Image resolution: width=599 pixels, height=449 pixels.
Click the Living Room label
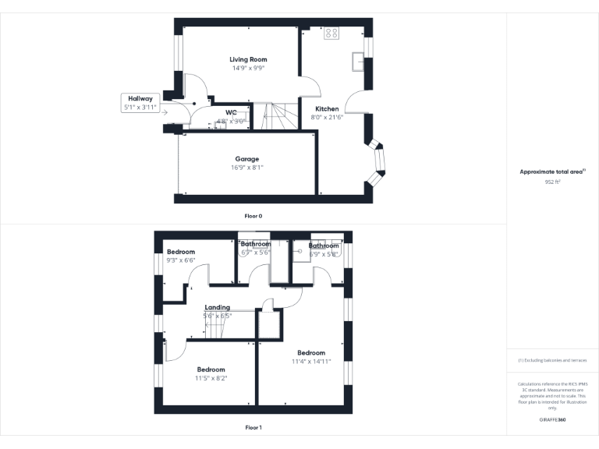click(x=248, y=59)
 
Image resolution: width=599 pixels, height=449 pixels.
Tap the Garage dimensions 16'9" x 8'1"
click(x=247, y=167)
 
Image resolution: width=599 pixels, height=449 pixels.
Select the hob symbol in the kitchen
click(x=331, y=33)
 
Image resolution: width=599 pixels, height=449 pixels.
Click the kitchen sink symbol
click(x=358, y=61)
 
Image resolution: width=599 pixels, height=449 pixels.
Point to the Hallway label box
click(x=140, y=103)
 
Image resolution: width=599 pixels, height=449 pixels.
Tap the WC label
click(x=231, y=113)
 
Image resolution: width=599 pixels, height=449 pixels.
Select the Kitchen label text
click(x=326, y=108)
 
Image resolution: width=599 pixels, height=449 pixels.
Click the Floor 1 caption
click(x=253, y=427)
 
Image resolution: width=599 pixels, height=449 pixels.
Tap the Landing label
click(x=217, y=307)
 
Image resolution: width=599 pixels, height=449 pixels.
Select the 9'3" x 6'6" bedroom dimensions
click(x=180, y=260)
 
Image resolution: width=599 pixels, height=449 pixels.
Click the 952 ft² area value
click(x=552, y=181)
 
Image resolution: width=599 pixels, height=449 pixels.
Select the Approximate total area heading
click(x=552, y=171)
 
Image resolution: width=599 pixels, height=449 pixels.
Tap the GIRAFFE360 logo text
click(x=552, y=420)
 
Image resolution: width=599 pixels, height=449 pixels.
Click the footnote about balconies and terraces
click(x=552, y=360)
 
